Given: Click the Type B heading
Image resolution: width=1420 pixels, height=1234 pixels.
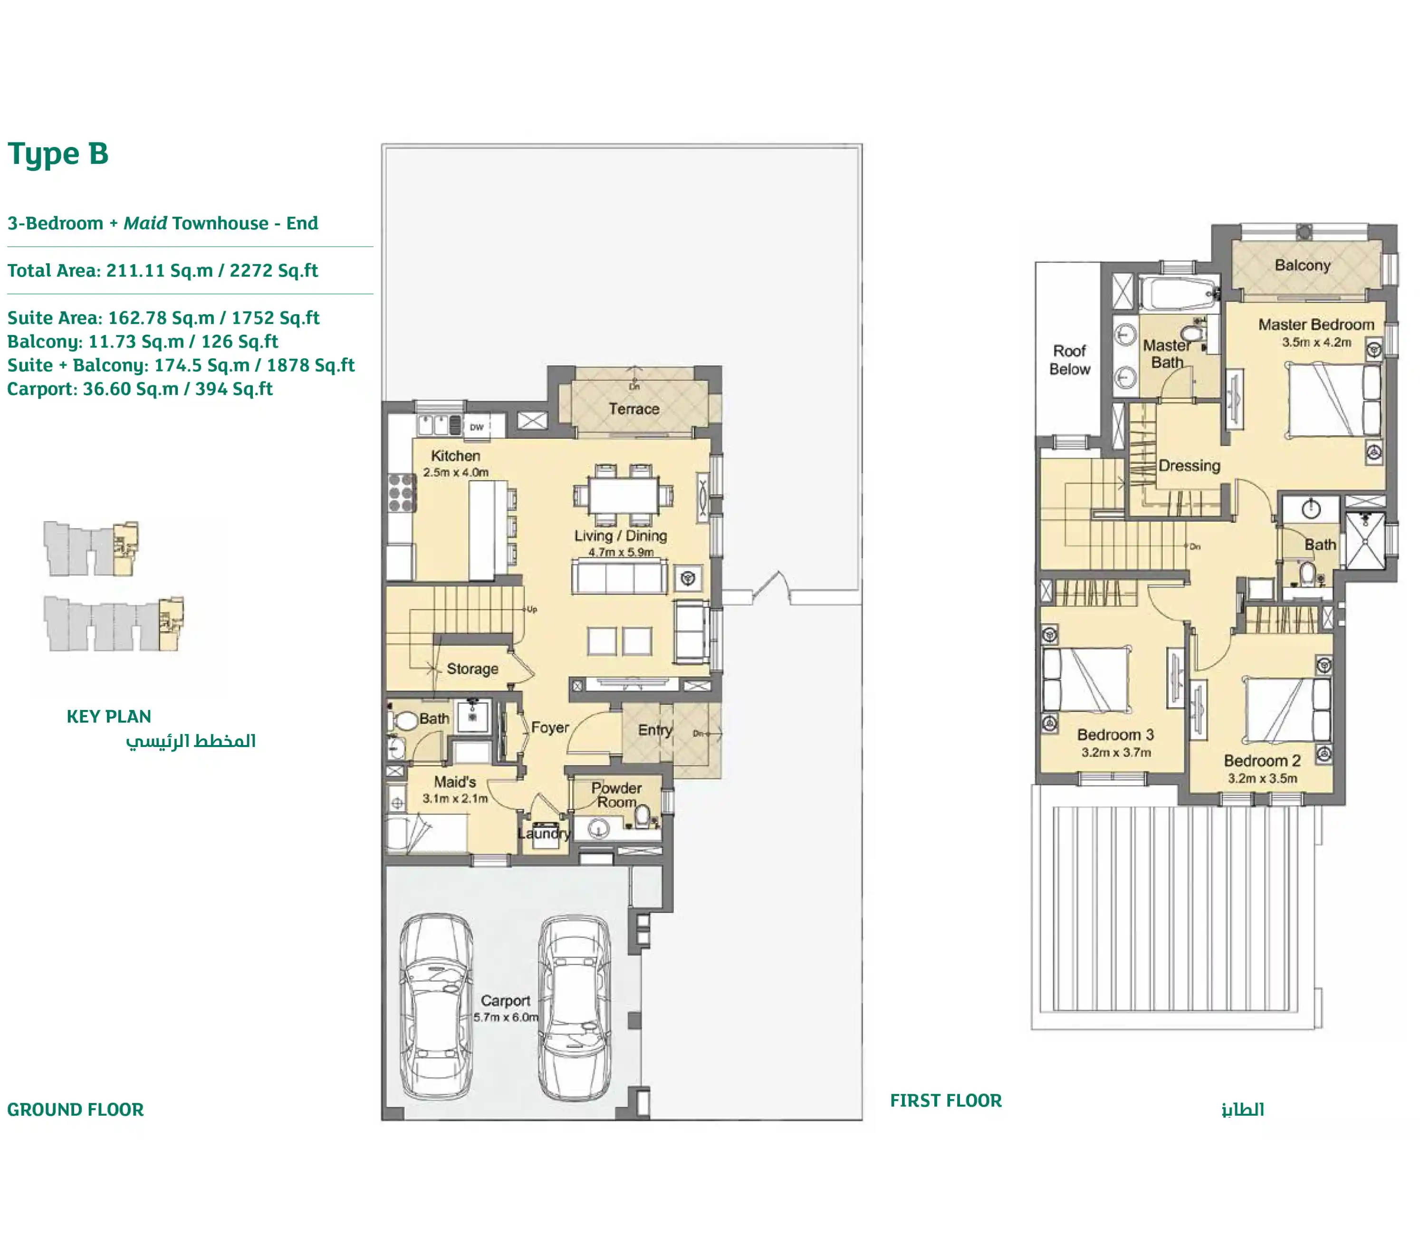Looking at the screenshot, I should click(58, 153).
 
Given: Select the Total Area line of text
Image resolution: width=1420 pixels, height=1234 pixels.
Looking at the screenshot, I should click(163, 271).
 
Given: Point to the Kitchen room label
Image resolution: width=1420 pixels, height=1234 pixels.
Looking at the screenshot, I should click(455, 456).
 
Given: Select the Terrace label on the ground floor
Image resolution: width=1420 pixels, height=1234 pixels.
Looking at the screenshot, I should click(633, 409).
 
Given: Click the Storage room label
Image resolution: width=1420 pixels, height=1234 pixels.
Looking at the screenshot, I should click(472, 669).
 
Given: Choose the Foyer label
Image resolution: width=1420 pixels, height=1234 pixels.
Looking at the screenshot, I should click(549, 728).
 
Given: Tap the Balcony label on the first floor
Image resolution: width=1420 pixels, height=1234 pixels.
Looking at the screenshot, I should click(1302, 265).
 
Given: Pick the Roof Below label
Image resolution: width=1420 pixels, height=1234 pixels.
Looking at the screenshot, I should click(1069, 359).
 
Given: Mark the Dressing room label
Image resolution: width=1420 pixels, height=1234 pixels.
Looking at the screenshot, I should click(1190, 466).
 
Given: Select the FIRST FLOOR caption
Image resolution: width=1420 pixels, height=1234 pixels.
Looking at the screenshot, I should click(946, 1100).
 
